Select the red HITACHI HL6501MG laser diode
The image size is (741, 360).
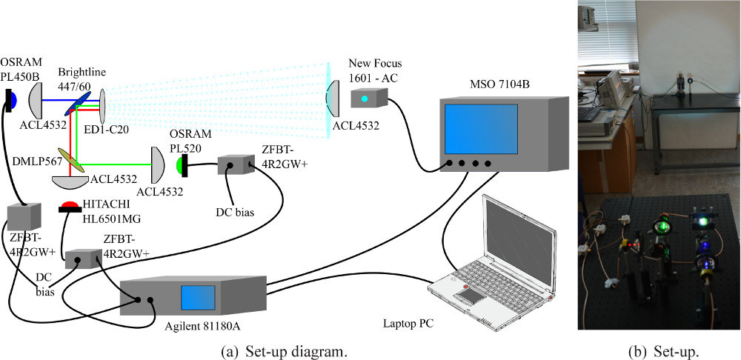[x=70, y=206]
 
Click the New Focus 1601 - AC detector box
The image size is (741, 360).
[x=368, y=100]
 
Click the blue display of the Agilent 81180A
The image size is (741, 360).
[x=198, y=298]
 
